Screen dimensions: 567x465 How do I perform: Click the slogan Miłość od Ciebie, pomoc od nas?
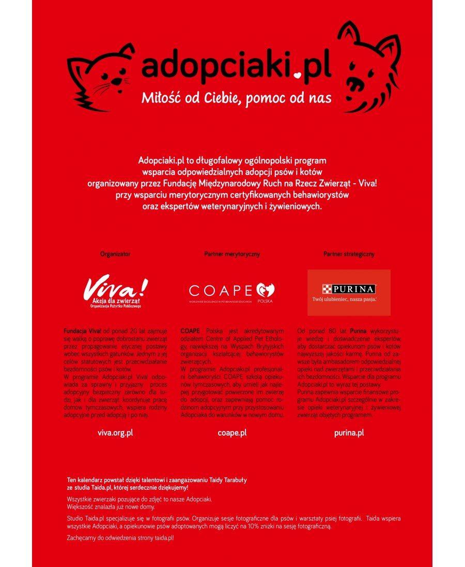coord(237,98)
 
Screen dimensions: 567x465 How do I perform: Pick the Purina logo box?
coord(349,292)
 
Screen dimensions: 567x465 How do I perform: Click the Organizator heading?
coord(115,254)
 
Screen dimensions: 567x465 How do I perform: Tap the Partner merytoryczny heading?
coord(232,254)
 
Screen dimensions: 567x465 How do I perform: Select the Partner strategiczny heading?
coord(349,254)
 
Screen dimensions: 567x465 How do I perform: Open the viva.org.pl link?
coord(115,432)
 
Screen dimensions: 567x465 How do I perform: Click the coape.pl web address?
coord(232,432)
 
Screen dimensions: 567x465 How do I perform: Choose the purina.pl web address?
coord(349,432)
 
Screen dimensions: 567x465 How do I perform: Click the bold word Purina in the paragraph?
coord(360,330)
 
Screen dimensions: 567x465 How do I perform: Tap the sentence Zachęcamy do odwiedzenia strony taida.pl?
coord(120,538)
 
